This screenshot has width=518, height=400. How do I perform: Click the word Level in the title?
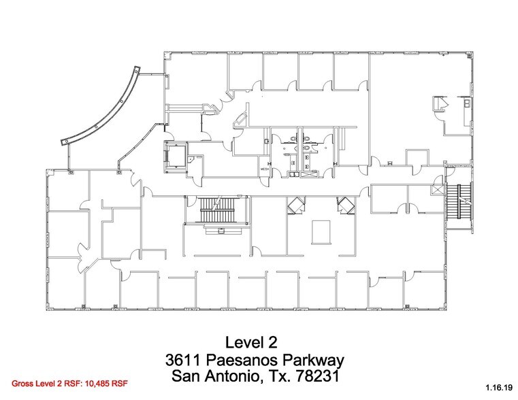[242, 341]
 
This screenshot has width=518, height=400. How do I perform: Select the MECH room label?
[263, 169]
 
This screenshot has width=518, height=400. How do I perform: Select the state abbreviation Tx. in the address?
[284, 376]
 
